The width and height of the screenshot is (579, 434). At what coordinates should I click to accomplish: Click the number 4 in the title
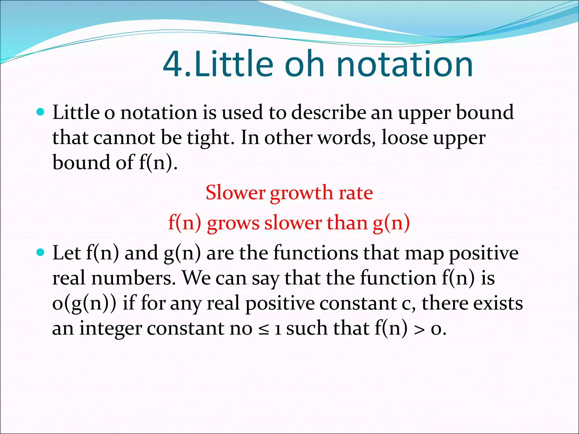click(x=173, y=64)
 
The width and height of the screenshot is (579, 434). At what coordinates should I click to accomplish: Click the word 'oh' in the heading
click(x=304, y=64)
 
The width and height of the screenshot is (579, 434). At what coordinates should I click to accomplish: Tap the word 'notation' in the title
click(x=405, y=64)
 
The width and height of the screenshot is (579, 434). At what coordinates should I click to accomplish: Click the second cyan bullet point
click(x=41, y=252)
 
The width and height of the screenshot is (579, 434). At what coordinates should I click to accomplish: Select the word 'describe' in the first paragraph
click(x=328, y=112)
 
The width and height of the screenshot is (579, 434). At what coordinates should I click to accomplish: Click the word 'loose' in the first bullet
click(x=405, y=138)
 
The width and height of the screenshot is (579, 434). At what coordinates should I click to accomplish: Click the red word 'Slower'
click(x=235, y=193)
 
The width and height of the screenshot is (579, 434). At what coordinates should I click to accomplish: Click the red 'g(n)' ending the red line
click(x=391, y=223)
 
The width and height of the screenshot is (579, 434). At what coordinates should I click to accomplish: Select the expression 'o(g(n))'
click(x=84, y=303)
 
